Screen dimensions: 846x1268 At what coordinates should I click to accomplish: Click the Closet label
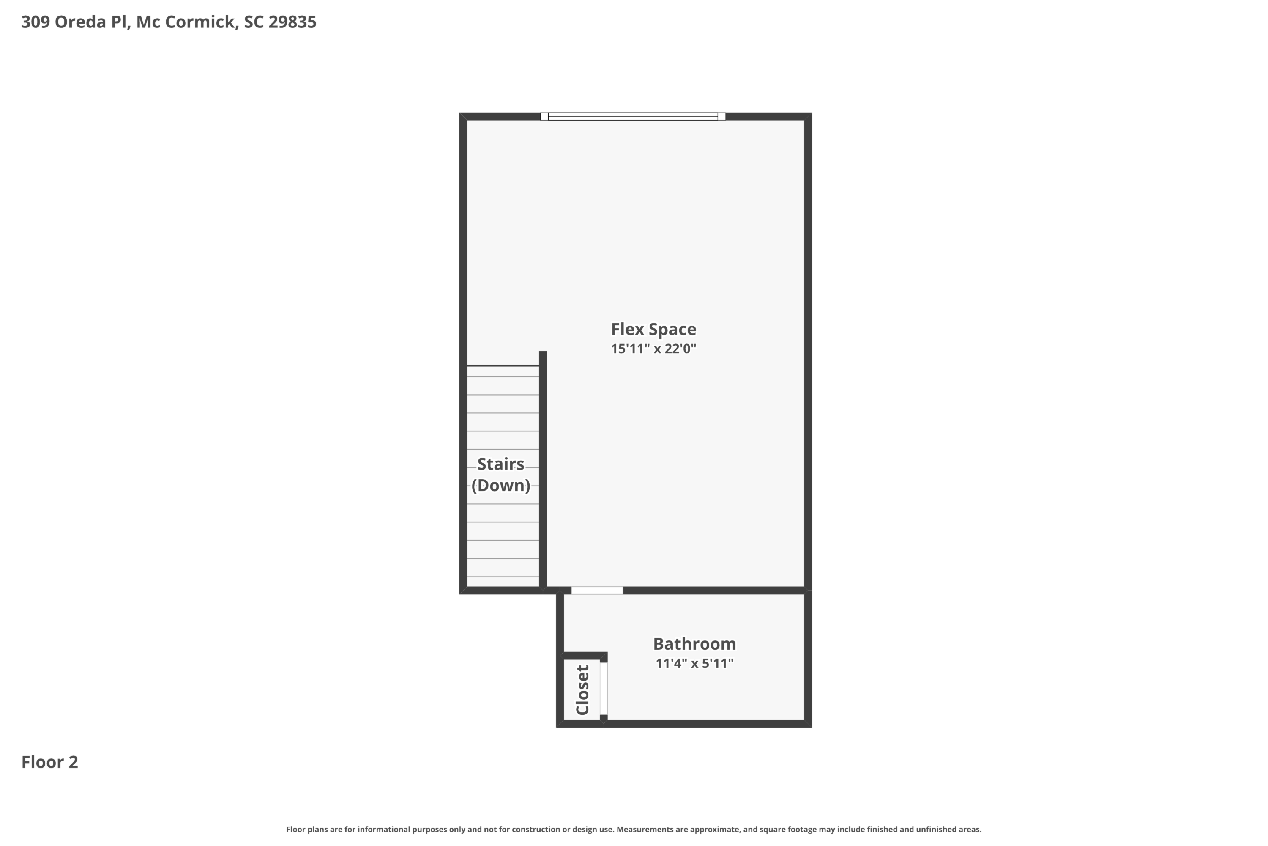tap(582, 689)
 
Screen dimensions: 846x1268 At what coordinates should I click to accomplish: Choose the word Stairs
tap(500, 464)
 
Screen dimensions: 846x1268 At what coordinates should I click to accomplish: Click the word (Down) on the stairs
tap(500, 485)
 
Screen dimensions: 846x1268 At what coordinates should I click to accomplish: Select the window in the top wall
tap(632, 116)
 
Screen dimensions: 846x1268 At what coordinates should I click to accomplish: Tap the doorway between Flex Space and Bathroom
tap(597, 590)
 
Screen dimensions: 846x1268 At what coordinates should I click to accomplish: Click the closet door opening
tap(604, 689)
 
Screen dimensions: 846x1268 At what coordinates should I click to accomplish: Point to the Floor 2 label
tap(49, 762)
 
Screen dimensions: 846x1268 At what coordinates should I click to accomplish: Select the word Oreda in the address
tap(80, 22)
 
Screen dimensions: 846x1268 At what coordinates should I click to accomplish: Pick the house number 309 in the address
tap(36, 22)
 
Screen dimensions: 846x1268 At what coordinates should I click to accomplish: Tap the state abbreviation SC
tap(253, 22)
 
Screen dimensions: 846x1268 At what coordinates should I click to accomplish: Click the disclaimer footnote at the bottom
tap(634, 829)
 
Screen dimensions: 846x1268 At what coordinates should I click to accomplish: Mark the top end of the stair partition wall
tap(543, 354)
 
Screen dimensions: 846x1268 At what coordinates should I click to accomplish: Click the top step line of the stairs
tap(503, 366)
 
